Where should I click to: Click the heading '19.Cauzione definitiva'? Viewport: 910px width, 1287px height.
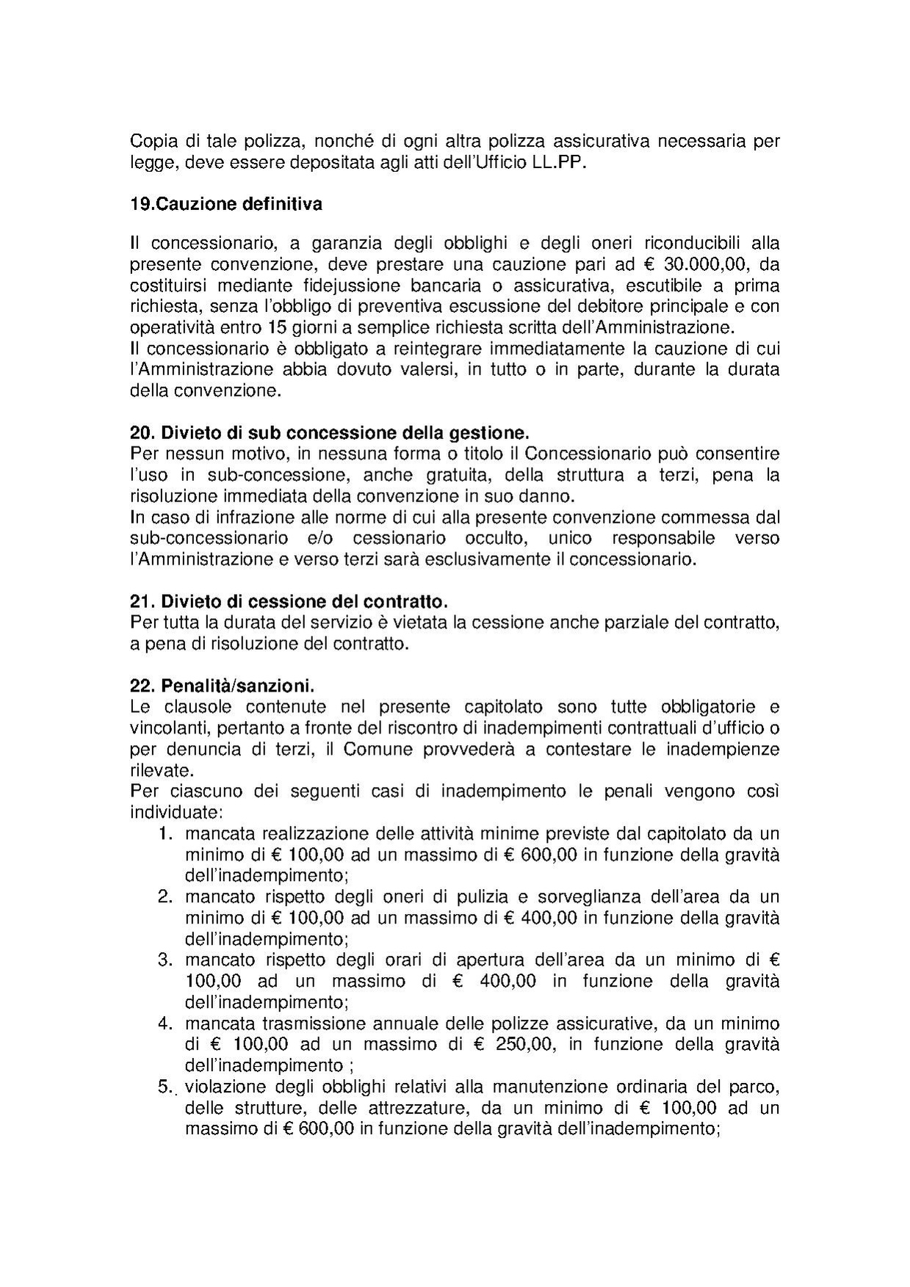[x=225, y=204]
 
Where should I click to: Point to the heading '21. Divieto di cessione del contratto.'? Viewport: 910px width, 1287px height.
[x=289, y=602]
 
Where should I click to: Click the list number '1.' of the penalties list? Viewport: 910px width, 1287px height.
[x=166, y=834]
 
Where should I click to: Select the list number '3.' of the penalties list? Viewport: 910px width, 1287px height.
[x=166, y=960]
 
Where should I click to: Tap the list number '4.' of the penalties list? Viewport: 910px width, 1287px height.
[x=166, y=1023]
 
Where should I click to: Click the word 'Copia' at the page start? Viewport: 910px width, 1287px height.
[x=152, y=141]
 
